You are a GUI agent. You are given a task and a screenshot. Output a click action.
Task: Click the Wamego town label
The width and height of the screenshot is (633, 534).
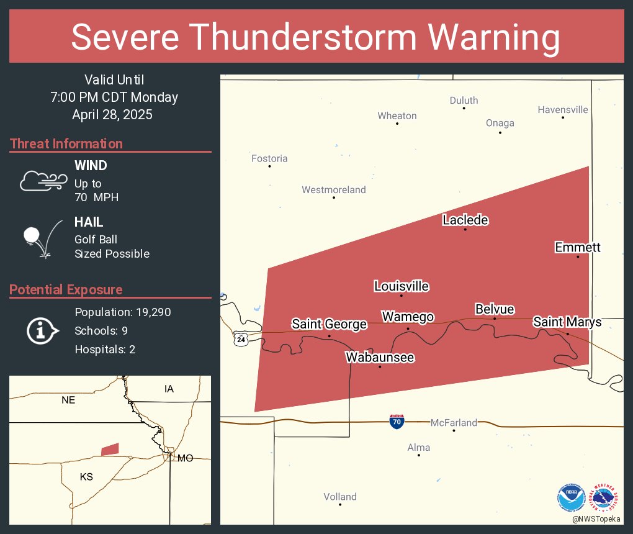(407, 317)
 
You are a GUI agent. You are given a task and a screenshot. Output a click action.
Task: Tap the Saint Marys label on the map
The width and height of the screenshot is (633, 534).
(567, 322)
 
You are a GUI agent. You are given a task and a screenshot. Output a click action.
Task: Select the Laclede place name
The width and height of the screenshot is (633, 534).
(465, 220)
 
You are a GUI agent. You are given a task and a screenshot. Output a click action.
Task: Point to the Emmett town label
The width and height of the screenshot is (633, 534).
(577, 247)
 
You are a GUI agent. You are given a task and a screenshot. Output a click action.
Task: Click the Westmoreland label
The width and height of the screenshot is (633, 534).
(334, 190)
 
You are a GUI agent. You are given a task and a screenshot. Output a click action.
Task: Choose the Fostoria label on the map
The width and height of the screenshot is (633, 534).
(269, 158)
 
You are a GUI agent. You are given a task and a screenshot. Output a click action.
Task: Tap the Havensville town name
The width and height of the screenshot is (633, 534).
(563, 110)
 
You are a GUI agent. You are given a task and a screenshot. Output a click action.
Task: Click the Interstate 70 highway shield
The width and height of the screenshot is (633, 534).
(397, 422)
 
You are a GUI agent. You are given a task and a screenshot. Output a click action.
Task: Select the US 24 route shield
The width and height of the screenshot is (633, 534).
(240, 340)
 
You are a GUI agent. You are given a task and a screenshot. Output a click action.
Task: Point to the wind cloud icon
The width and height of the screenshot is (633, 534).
(42, 180)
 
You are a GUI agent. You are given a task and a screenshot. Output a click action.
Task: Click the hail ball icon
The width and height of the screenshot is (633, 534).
(32, 236)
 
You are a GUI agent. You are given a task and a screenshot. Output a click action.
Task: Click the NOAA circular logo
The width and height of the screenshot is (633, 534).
(571, 497)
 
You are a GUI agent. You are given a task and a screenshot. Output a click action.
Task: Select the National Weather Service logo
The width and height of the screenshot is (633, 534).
(605, 497)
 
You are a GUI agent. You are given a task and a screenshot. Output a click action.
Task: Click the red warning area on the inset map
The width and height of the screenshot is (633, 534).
(110, 449)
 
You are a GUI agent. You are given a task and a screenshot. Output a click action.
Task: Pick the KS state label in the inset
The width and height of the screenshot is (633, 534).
(86, 476)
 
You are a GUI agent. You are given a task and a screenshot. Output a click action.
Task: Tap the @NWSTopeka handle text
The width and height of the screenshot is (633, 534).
(597, 518)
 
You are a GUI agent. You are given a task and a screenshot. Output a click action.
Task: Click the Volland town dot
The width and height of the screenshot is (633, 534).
(340, 504)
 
